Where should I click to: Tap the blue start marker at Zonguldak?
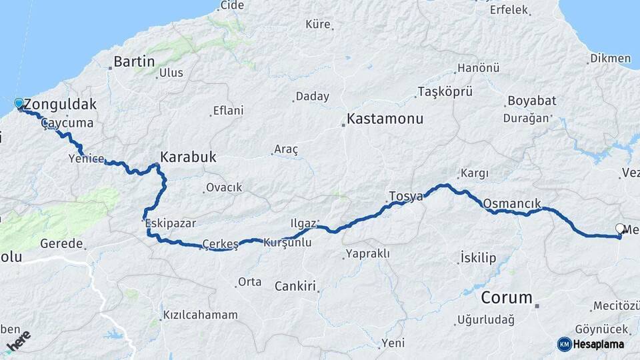pyautogui.click(x=19, y=103)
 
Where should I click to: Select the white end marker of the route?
pyautogui.click(x=620, y=229)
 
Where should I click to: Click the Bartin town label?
pyautogui.click(x=134, y=62)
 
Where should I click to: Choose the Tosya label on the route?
pyautogui.click(x=406, y=197)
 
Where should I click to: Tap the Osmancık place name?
pyautogui.click(x=511, y=203)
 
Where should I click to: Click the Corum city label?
pyautogui.click(x=507, y=297)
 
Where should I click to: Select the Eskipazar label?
pyautogui.click(x=171, y=223)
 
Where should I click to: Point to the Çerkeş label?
pyautogui.click(x=220, y=244)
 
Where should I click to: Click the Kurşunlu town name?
pyautogui.click(x=288, y=243)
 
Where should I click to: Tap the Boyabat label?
pyautogui.click(x=531, y=101)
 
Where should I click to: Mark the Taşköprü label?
pyautogui.click(x=445, y=91)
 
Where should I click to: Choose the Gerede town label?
pyautogui.click(x=61, y=244)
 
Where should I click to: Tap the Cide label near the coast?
pyautogui.click(x=232, y=6)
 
